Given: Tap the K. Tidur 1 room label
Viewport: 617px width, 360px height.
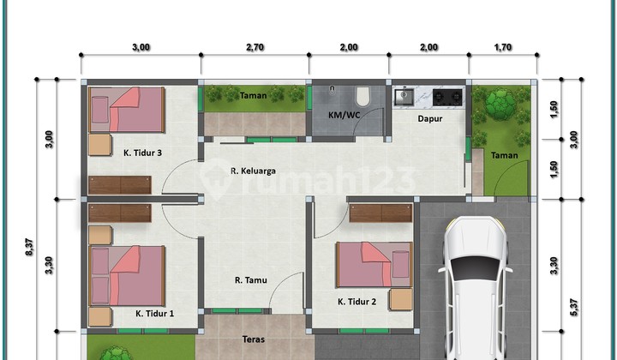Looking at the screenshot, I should [154, 314].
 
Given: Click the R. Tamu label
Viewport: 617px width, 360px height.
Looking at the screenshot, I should [253, 279].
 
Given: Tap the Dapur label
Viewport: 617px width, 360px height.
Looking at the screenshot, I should [430, 119].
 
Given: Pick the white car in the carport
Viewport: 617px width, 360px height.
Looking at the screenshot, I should [476, 287].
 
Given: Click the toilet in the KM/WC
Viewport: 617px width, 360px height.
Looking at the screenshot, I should [363, 93].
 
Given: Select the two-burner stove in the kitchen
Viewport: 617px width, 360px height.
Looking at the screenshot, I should [446, 95].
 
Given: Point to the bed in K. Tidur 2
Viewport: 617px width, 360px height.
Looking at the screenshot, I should [374, 264].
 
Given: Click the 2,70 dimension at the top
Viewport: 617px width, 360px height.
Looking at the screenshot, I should [255, 47].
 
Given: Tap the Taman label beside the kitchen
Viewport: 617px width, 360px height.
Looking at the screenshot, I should [504, 155].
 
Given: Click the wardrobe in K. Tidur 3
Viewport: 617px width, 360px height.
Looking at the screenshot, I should [119, 184].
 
